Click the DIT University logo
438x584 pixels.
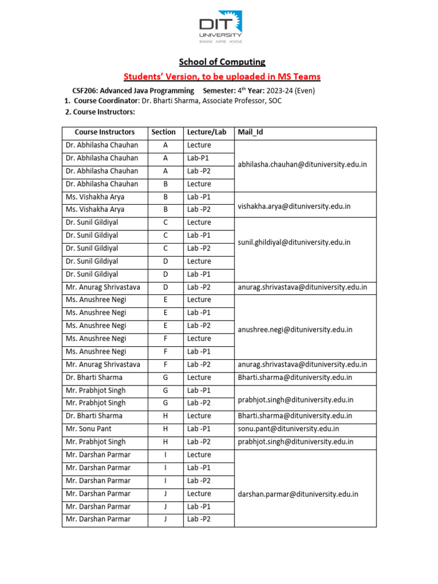click(x=220, y=29)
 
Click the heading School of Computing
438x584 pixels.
click(x=222, y=62)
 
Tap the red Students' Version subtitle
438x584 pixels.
click(x=222, y=76)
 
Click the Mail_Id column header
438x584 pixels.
click(x=250, y=132)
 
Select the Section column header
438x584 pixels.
click(x=163, y=132)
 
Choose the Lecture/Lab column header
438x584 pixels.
click(x=206, y=132)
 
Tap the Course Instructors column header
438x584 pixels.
click(x=104, y=132)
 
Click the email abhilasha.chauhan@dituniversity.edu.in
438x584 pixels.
click(x=302, y=164)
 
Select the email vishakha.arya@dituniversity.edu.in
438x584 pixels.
click(x=294, y=206)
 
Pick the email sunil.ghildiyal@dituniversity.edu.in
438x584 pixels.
click(x=294, y=242)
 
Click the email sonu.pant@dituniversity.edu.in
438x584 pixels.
click(x=288, y=429)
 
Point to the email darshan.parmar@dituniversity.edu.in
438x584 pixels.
click(x=298, y=494)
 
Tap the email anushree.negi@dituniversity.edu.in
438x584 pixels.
click(x=295, y=330)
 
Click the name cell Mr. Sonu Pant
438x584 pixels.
click(x=89, y=429)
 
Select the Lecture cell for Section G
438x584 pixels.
click(x=199, y=378)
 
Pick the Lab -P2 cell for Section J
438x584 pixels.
click(x=199, y=519)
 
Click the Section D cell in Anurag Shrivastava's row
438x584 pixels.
click(x=165, y=287)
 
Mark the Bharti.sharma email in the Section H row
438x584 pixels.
click(x=295, y=416)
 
